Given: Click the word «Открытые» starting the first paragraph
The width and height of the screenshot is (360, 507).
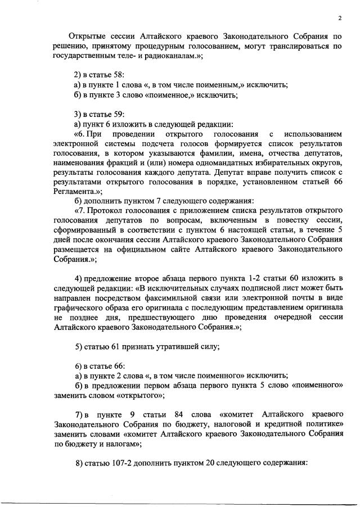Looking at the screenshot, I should [87, 37].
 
